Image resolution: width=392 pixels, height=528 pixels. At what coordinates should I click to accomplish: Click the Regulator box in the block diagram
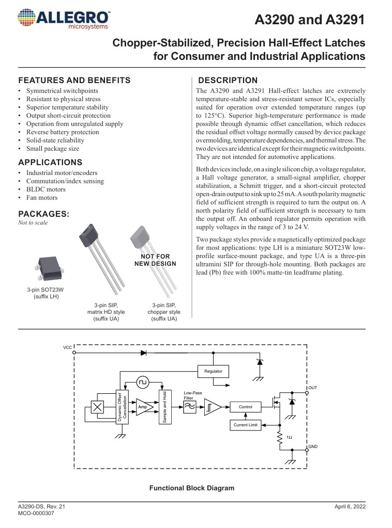(213, 371)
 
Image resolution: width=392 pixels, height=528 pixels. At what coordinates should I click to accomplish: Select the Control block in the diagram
(245, 407)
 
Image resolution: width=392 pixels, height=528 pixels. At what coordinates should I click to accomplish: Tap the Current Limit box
(245, 425)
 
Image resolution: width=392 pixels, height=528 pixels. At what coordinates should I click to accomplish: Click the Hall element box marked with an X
(97, 407)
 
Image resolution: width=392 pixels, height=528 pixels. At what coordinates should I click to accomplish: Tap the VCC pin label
(67, 348)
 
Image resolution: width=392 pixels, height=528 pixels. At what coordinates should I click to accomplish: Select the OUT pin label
(312, 387)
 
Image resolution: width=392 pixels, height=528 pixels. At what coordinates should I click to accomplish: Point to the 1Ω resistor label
(289, 438)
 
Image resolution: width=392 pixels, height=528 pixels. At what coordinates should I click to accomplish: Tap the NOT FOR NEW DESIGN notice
(155, 260)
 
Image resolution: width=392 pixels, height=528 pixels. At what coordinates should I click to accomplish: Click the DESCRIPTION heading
(228, 81)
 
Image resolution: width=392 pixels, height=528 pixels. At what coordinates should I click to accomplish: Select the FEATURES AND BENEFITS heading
(74, 81)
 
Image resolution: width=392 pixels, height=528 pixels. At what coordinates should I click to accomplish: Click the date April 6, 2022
(350, 507)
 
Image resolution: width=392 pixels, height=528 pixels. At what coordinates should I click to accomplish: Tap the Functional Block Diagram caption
(192, 488)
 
